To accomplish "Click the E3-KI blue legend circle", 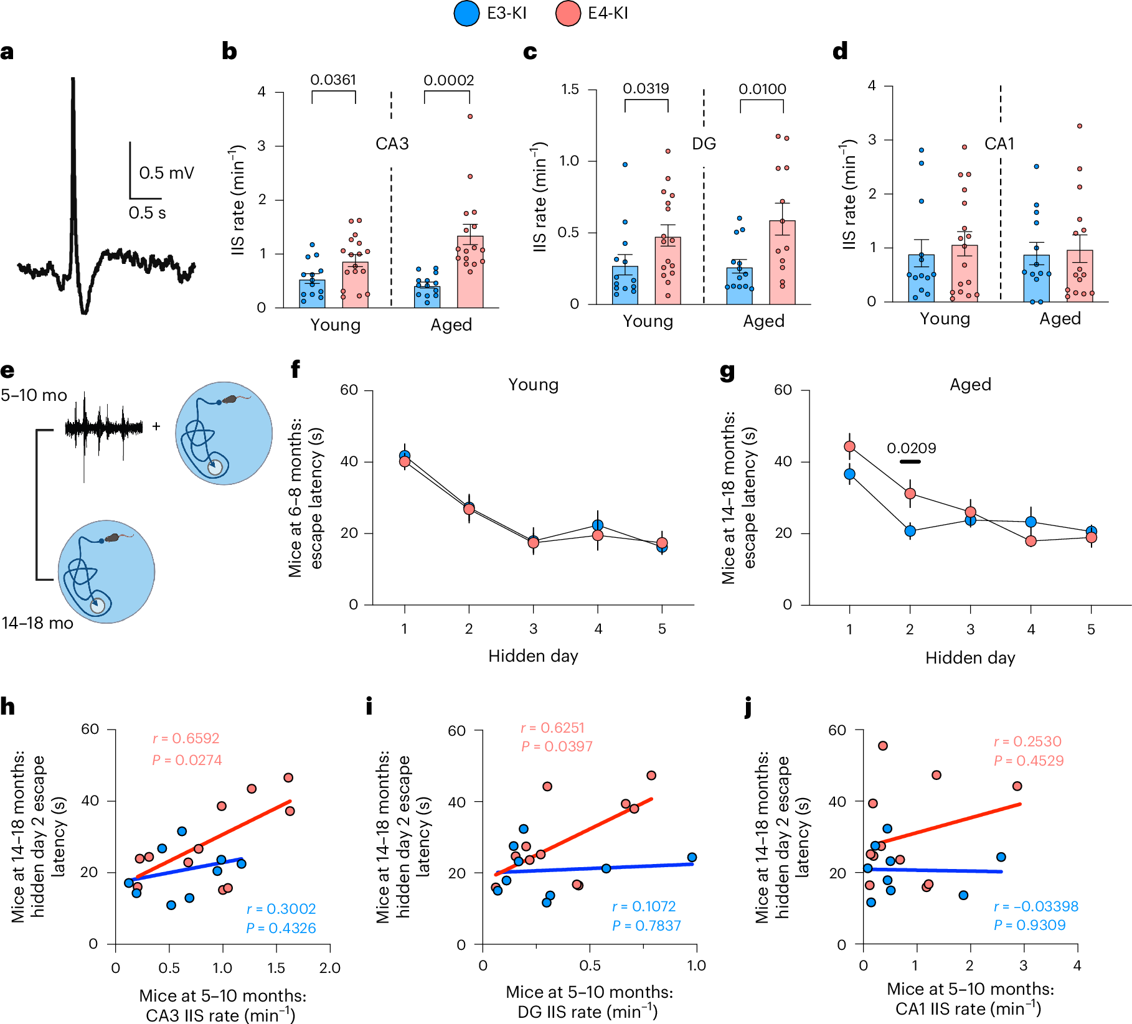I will coord(466,13).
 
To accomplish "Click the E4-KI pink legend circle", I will coord(568,13).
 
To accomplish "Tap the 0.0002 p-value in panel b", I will coord(448,80).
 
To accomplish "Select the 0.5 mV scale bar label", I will coord(166,172).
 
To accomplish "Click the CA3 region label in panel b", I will coord(392,144).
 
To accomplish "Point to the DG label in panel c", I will coord(704,144).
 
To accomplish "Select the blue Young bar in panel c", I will coord(625,286).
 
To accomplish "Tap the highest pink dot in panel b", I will coord(470,116).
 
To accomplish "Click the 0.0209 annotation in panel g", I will coord(911,448).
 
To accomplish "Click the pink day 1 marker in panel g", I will coord(849,446).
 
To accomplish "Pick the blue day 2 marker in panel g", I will coord(910,531).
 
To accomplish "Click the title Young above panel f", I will coord(533,385).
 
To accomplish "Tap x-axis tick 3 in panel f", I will coord(533,629).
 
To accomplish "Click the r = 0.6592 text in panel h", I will coord(186,738).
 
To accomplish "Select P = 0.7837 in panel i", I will coord(646,926).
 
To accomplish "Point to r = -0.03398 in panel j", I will coord(1035,906).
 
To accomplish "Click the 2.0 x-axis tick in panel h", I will coord(329,968).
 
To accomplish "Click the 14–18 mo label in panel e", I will coord(37,623).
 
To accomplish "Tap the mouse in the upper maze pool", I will coord(230,399).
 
